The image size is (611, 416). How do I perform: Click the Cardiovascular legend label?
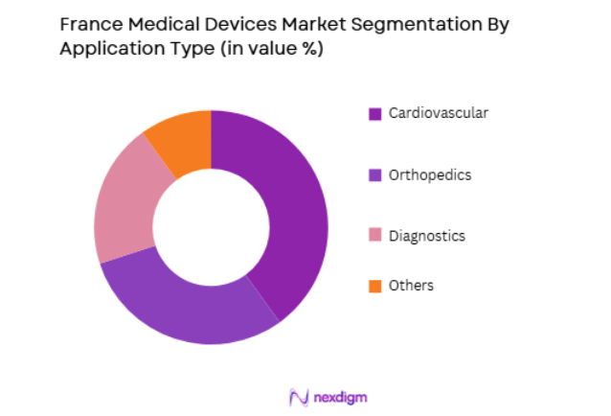click(438, 113)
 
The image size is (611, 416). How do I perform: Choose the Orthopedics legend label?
click(429, 174)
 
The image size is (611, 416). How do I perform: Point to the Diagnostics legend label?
click(426, 235)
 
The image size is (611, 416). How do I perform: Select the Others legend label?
click(411, 286)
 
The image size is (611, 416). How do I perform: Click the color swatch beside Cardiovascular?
click(375, 114)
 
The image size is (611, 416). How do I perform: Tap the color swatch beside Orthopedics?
click(375, 175)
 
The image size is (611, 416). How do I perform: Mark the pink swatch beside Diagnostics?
click(375, 236)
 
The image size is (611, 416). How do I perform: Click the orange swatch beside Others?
click(375, 287)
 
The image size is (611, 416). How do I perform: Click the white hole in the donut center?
click(211, 227)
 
